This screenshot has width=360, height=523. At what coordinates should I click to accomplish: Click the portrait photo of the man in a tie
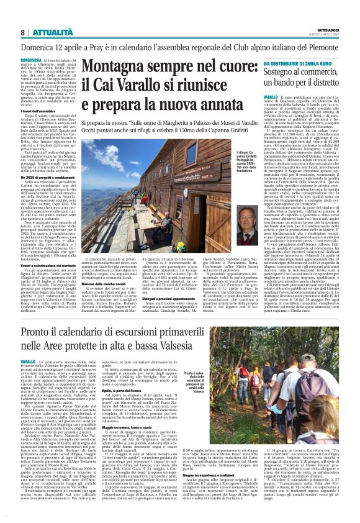tap(248, 234)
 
